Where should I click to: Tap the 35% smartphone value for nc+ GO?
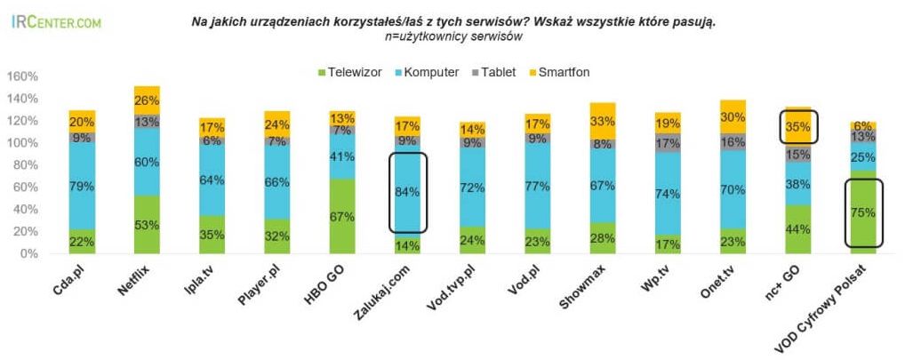coord(797,126)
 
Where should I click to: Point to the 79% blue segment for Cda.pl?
coord(82,186)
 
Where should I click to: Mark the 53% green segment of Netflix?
coord(147,225)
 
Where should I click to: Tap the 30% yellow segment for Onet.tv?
coord(733,117)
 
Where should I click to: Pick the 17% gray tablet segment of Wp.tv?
coord(668,142)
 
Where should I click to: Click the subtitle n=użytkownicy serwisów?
coord(453,36)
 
